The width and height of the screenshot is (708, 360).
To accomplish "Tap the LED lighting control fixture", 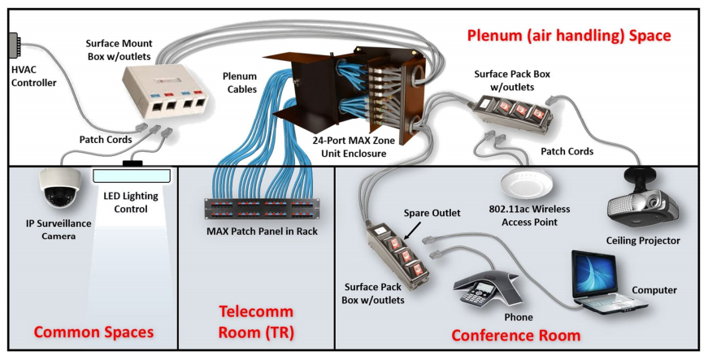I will (132, 174).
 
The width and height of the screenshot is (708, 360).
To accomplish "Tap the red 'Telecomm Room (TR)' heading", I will (257, 323).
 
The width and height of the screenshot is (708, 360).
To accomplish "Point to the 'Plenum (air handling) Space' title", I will (568, 36).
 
